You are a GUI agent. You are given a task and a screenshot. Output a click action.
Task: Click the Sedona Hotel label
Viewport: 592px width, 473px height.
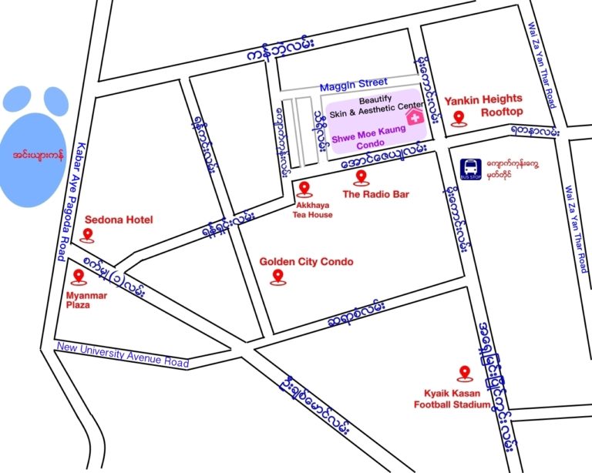click(119, 220)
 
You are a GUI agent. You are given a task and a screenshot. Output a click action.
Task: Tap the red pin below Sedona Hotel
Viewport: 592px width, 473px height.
click(88, 235)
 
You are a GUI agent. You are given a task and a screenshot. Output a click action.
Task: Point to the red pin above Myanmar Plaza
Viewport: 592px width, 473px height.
click(77, 277)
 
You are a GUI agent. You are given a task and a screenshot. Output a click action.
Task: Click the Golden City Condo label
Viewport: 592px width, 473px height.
click(306, 262)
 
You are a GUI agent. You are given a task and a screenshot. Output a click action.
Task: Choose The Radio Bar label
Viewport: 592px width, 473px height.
click(375, 195)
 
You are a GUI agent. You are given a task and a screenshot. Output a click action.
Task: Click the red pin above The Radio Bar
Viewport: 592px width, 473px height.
click(360, 178)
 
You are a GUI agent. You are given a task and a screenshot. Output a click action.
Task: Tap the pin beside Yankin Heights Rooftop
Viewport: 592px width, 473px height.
click(459, 118)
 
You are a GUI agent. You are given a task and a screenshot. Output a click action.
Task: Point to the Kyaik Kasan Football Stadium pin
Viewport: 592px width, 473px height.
click(464, 374)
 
